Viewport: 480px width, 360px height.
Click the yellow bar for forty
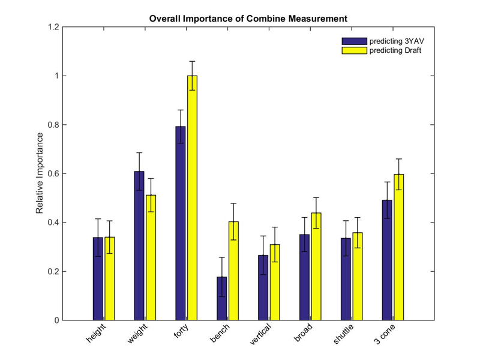coord(192,198)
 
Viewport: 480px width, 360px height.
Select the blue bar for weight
coord(139,246)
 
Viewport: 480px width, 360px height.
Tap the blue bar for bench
coord(222,298)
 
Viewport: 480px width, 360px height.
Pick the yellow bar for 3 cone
coord(399,247)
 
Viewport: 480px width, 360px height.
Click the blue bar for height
coord(98,279)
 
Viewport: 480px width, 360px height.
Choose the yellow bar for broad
coord(316,266)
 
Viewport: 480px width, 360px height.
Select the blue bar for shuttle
coord(346,279)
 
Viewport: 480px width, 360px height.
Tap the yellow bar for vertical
coord(275,282)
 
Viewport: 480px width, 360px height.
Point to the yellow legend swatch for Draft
coord(354,50)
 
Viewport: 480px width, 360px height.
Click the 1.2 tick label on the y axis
coord(53,27)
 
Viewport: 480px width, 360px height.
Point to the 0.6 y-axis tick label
coord(53,173)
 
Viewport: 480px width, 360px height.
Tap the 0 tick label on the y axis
coord(56,320)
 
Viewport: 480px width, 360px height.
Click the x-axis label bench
coord(220,333)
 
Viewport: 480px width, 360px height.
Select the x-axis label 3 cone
coord(385,334)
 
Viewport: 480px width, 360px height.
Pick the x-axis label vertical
coord(260,334)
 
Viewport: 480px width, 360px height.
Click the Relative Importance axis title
coord(40,173)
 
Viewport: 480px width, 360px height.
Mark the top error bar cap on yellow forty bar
coord(192,61)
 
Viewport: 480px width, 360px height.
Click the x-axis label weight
coord(137,334)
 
